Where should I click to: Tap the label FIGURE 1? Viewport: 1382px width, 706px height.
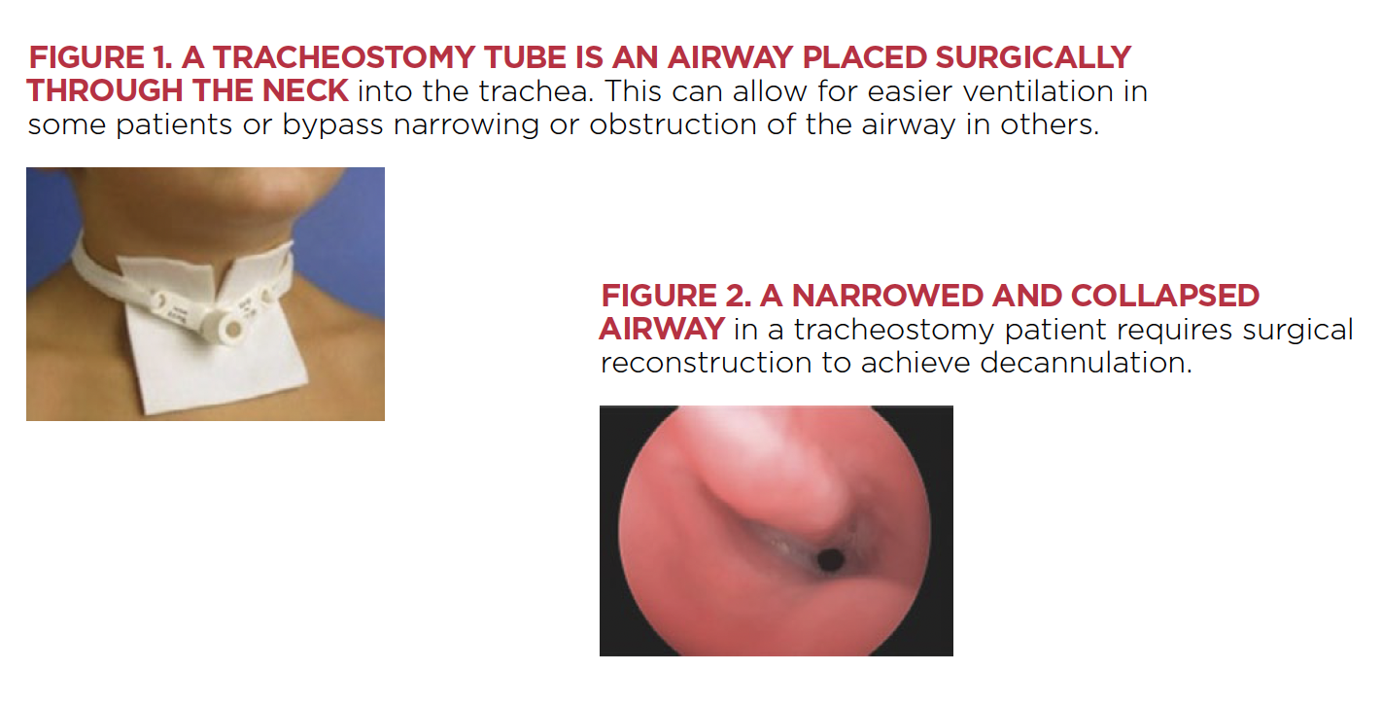tap(100, 58)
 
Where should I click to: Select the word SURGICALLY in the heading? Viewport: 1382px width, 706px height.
tap(1033, 58)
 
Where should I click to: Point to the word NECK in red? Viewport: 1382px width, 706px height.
tap(305, 90)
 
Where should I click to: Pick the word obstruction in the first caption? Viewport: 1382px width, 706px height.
tap(674, 124)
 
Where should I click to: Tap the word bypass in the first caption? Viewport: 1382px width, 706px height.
tap(332, 125)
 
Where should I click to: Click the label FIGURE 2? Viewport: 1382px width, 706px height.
tap(676, 296)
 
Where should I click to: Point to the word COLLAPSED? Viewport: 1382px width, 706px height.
tap(1165, 296)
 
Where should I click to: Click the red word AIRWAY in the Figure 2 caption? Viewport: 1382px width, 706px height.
tap(662, 329)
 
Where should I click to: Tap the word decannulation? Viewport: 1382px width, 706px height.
tap(1086, 363)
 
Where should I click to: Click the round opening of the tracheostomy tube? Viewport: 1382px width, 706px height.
tap(233, 330)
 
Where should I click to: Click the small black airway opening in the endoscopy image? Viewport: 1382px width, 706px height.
tap(830, 560)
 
